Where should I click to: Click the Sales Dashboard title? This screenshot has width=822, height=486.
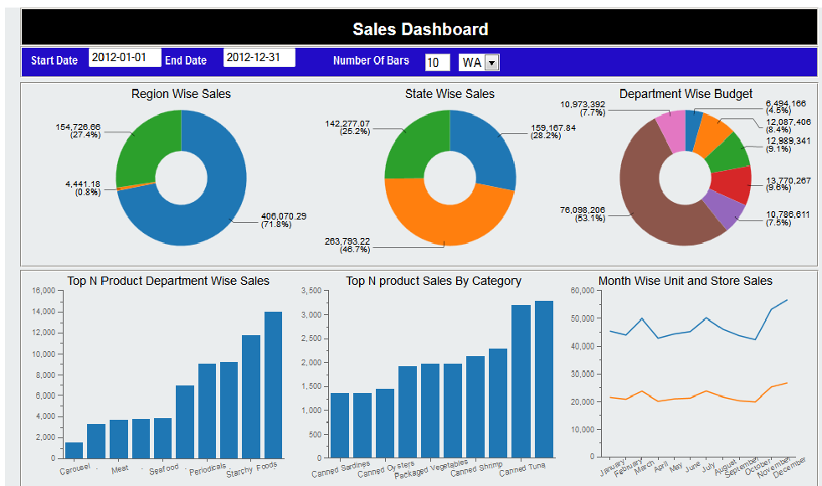click(419, 29)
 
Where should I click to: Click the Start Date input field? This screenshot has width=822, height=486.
click(124, 59)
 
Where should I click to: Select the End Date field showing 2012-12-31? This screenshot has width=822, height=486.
click(259, 59)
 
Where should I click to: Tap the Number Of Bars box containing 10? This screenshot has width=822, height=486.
click(436, 63)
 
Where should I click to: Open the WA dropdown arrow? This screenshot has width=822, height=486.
click(492, 63)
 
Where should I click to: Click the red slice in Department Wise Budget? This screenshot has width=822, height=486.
click(730, 185)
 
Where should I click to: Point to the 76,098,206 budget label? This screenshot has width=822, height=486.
click(583, 210)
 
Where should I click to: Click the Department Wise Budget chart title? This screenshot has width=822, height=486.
click(686, 94)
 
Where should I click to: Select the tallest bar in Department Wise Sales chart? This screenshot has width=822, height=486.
click(273, 385)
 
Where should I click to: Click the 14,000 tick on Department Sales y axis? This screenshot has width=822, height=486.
click(43, 312)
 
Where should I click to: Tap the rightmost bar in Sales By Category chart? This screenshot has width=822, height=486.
click(544, 379)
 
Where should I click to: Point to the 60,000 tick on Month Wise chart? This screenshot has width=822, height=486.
click(581, 291)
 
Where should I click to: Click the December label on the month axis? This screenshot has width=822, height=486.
click(791, 466)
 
